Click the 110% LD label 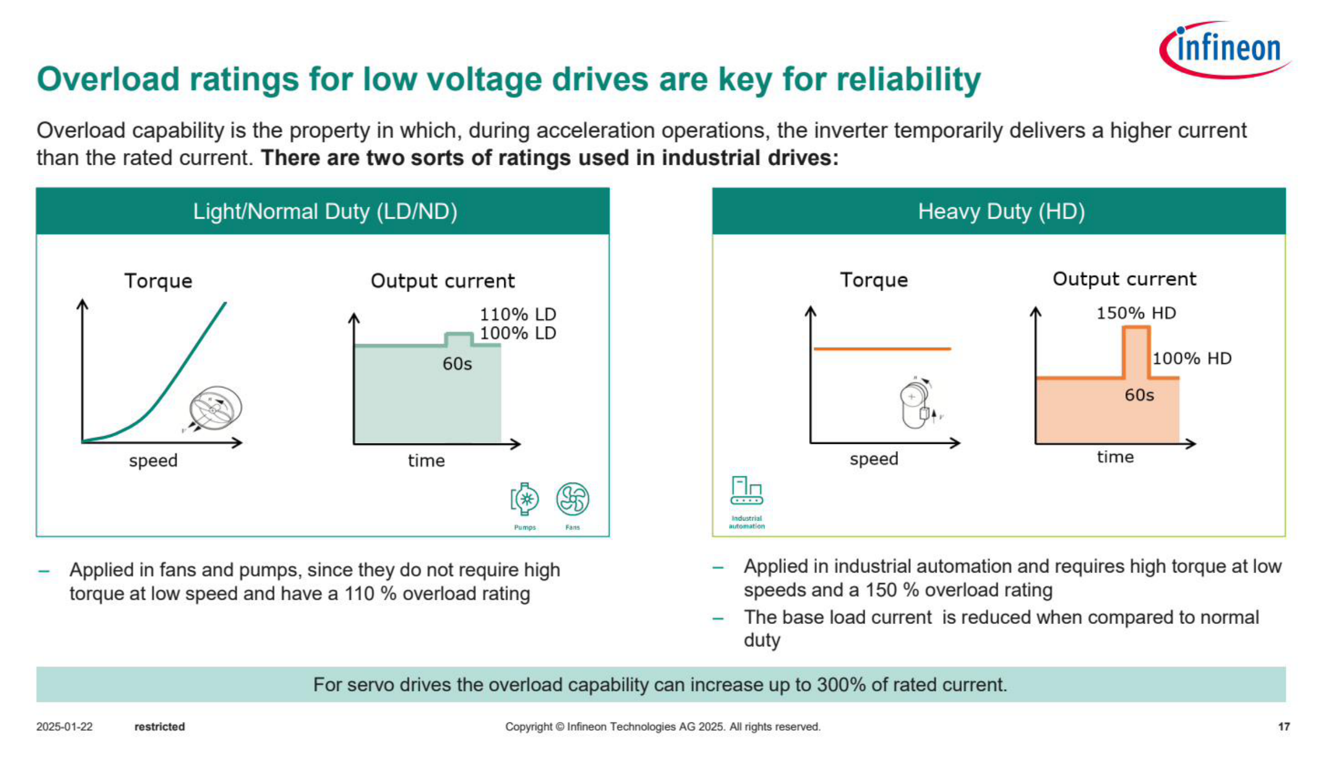tap(517, 314)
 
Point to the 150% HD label tap(1136, 313)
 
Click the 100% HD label tap(1192, 358)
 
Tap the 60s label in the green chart tap(457, 364)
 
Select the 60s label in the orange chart tap(1139, 395)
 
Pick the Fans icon tap(573, 499)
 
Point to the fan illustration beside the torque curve tap(214, 409)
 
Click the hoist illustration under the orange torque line tap(918, 403)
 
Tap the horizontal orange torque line tap(882, 349)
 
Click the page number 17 tap(1284, 726)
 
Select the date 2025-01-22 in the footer tap(65, 726)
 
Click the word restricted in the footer tap(160, 726)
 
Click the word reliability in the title tap(909, 80)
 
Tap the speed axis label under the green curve tap(153, 460)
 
